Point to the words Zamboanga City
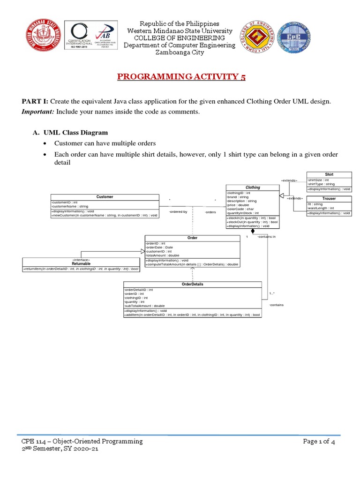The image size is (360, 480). click(180, 52)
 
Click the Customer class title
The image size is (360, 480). click(105, 197)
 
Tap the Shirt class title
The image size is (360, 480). click(329, 174)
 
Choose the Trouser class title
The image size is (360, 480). click(329, 199)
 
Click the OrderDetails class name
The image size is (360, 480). click(193, 284)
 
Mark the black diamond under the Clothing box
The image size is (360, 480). click(253, 232)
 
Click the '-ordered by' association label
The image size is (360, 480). click(178, 212)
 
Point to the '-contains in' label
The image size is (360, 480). click(267, 237)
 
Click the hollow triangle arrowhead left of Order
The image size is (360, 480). click(142, 252)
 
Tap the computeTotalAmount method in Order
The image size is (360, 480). click(193, 264)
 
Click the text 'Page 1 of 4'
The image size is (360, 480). click(319, 441)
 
